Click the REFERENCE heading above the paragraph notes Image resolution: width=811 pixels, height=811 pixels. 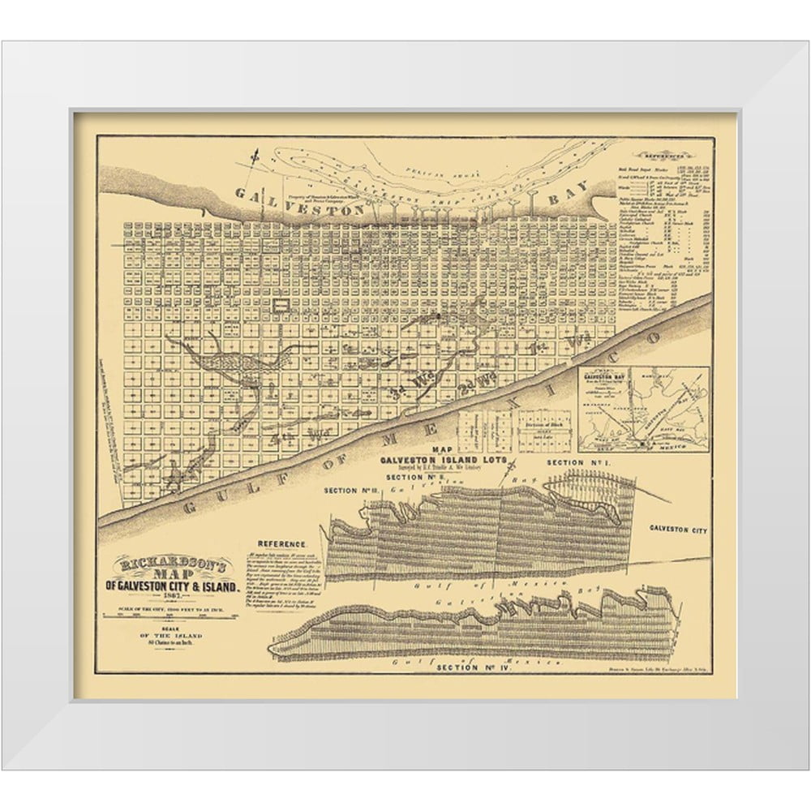click(x=281, y=543)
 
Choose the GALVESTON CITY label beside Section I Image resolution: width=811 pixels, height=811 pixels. click(x=678, y=530)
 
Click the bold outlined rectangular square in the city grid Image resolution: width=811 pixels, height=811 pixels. click(x=281, y=306)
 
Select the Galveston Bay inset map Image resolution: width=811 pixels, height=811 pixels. click(x=643, y=407)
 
